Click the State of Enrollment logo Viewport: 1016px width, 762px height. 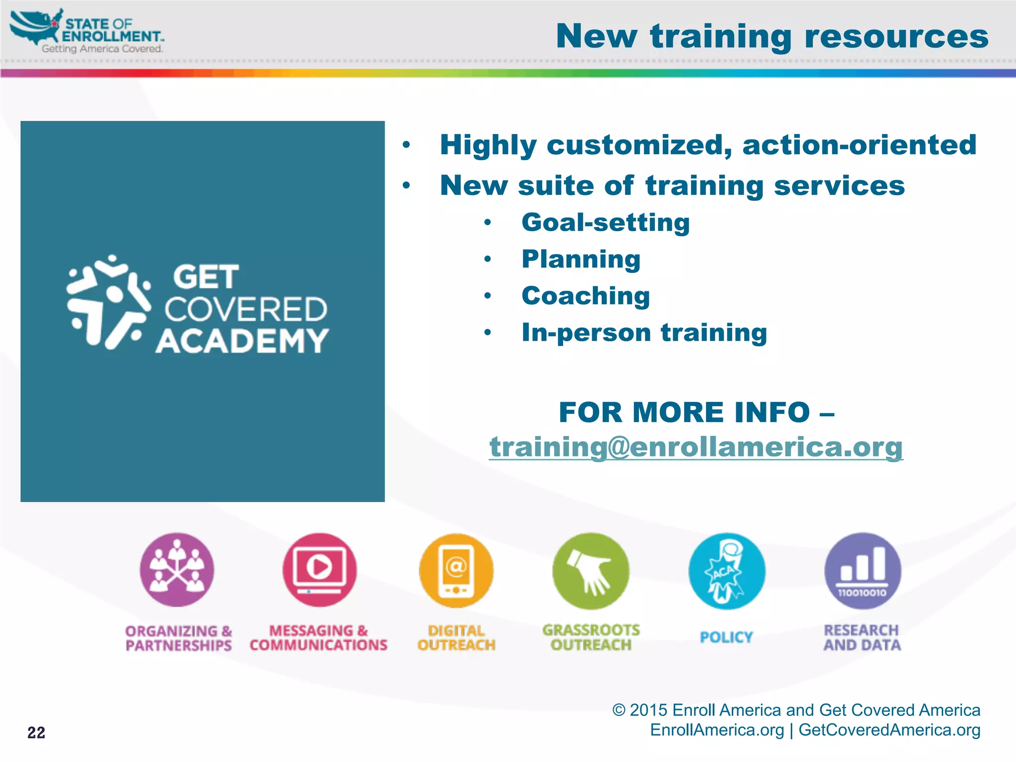point(87,31)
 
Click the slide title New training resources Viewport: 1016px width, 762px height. point(772,37)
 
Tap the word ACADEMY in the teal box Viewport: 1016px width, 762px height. point(242,341)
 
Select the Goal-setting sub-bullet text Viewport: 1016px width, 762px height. point(605,222)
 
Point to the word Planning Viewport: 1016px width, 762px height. point(581,259)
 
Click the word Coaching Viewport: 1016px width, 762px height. point(585,296)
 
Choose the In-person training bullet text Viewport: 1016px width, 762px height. point(644,332)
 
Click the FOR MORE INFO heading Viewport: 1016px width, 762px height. point(696,412)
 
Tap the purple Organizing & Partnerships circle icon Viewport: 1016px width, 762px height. point(177,570)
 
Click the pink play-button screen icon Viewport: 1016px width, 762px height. point(319,570)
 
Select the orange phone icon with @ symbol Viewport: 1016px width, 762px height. point(456,571)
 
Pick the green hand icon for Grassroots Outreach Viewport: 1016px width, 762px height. point(591,571)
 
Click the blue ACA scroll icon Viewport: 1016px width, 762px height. point(726,571)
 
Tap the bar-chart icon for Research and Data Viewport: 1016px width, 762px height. point(862,571)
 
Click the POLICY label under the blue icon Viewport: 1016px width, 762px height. point(726,637)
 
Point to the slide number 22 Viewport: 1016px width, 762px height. point(36,732)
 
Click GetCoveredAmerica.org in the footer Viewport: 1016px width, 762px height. point(889,730)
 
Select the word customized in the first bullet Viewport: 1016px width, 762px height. point(638,145)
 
